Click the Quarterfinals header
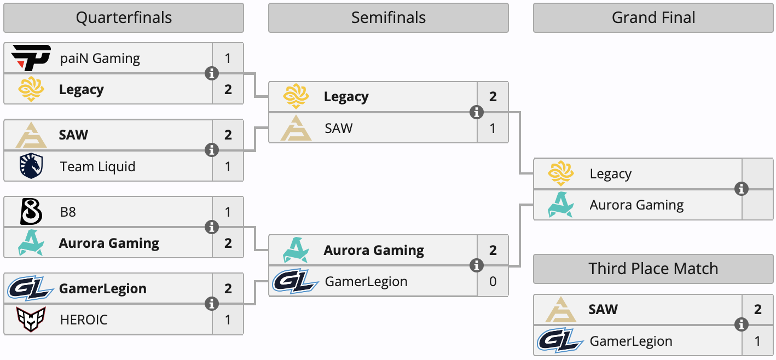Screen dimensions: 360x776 (124, 18)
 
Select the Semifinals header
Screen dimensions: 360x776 (388, 18)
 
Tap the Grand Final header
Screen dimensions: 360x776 (653, 18)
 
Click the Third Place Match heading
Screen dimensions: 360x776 (653, 269)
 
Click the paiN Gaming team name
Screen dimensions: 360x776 (100, 58)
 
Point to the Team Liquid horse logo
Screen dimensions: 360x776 (31, 166)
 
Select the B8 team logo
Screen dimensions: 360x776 (31, 212)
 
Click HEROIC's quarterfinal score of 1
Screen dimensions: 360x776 (228, 320)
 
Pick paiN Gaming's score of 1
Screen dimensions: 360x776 (228, 58)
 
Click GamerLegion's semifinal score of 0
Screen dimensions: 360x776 (493, 282)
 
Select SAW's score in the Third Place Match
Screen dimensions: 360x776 (758, 310)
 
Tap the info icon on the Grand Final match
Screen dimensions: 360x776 (742, 189)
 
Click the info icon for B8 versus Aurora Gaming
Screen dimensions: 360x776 (212, 227)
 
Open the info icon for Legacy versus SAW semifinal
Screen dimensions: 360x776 (477, 112)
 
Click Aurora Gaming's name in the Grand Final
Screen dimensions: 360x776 (636, 205)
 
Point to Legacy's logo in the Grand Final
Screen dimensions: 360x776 (561, 174)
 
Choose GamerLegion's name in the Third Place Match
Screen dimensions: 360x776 (631, 341)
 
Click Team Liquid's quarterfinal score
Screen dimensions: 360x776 (228, 166)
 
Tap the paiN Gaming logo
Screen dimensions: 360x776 (31, 58)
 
